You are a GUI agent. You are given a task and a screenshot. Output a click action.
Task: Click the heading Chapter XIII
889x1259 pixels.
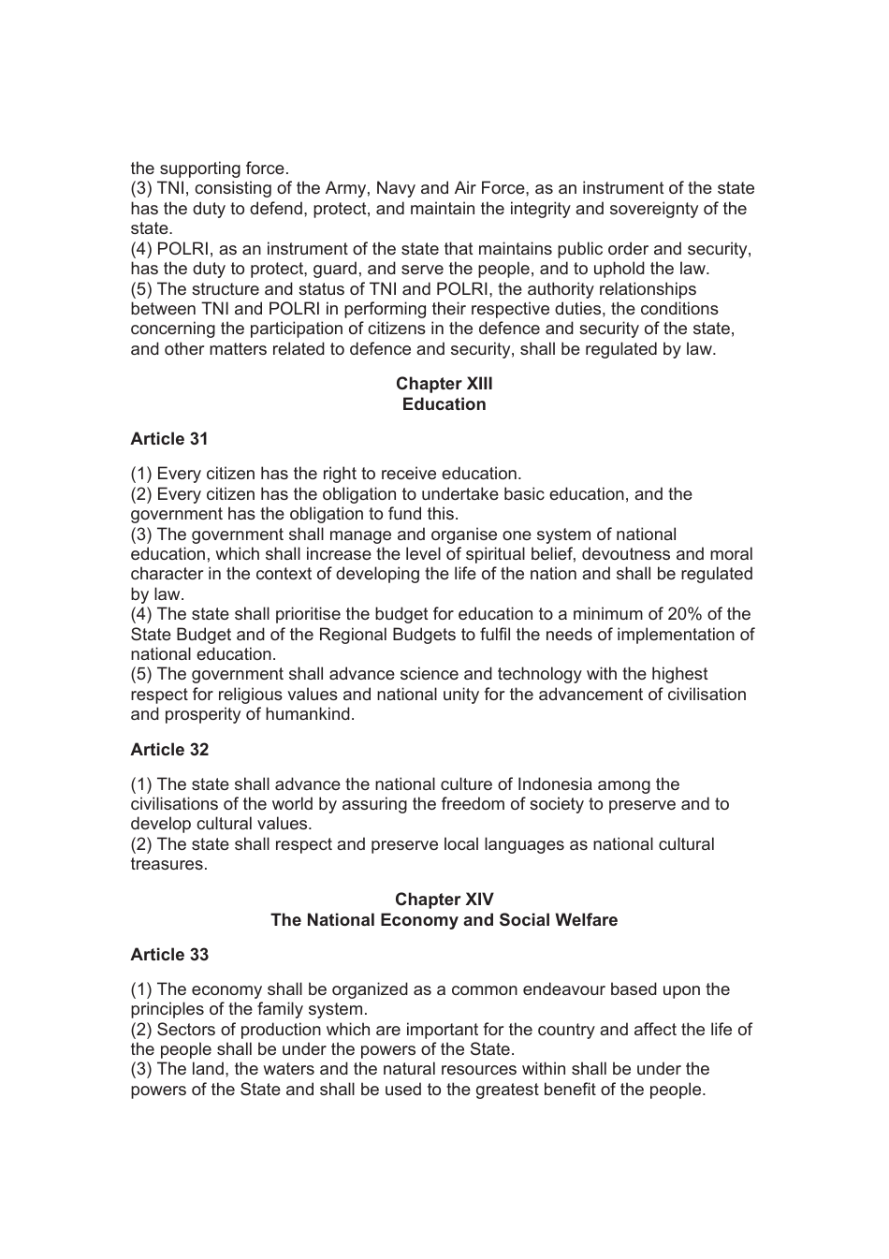[444, 384]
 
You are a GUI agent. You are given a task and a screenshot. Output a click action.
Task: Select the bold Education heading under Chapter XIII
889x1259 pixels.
[444, 404]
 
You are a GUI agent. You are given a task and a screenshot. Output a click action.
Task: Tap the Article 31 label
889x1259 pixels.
[169, 439]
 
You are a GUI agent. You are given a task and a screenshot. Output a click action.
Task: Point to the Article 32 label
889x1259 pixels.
[169, 750]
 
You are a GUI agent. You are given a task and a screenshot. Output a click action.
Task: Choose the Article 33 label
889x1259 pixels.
[169, 955]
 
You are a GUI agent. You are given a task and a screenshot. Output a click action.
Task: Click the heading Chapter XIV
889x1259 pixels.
[444, 900]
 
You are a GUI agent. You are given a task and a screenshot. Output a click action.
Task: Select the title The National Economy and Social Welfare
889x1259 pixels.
[444, 920]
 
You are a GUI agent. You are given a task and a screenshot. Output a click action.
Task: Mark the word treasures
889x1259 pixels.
[168, 864]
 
